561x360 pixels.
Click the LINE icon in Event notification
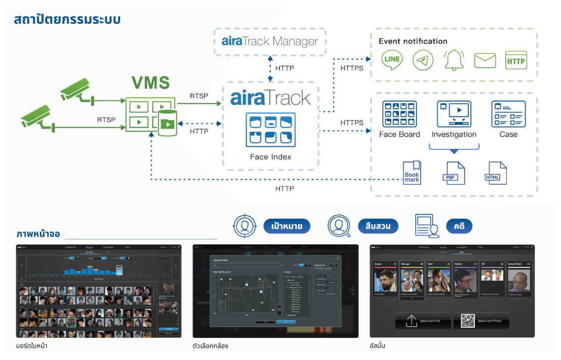[x=392, y=60]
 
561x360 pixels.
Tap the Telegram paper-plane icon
[x=423, y=60]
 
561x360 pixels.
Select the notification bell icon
[x=454, y=60]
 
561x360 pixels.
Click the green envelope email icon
[x=485, y=60]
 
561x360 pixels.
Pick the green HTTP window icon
[x=516, y=60]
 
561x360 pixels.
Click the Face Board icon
[x=399, y=114]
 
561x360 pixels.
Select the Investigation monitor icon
[x=454, y=114]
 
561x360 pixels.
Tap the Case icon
[x=508, y=114]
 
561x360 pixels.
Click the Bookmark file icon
[x=412, y=173]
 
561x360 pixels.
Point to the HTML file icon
[x=495, y=173]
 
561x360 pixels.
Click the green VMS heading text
[x=151, y=83]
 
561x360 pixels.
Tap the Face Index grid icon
[x=271, y=130]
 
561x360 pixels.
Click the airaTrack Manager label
[x=270, y=41]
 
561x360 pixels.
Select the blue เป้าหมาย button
[x=286, y=226]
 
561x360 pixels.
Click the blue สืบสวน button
[x=378, y=226]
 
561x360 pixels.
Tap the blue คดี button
[x=459, y=226]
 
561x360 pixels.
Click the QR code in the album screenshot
[x=467, y=321]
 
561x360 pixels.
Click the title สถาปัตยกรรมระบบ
[x=67, y=20]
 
